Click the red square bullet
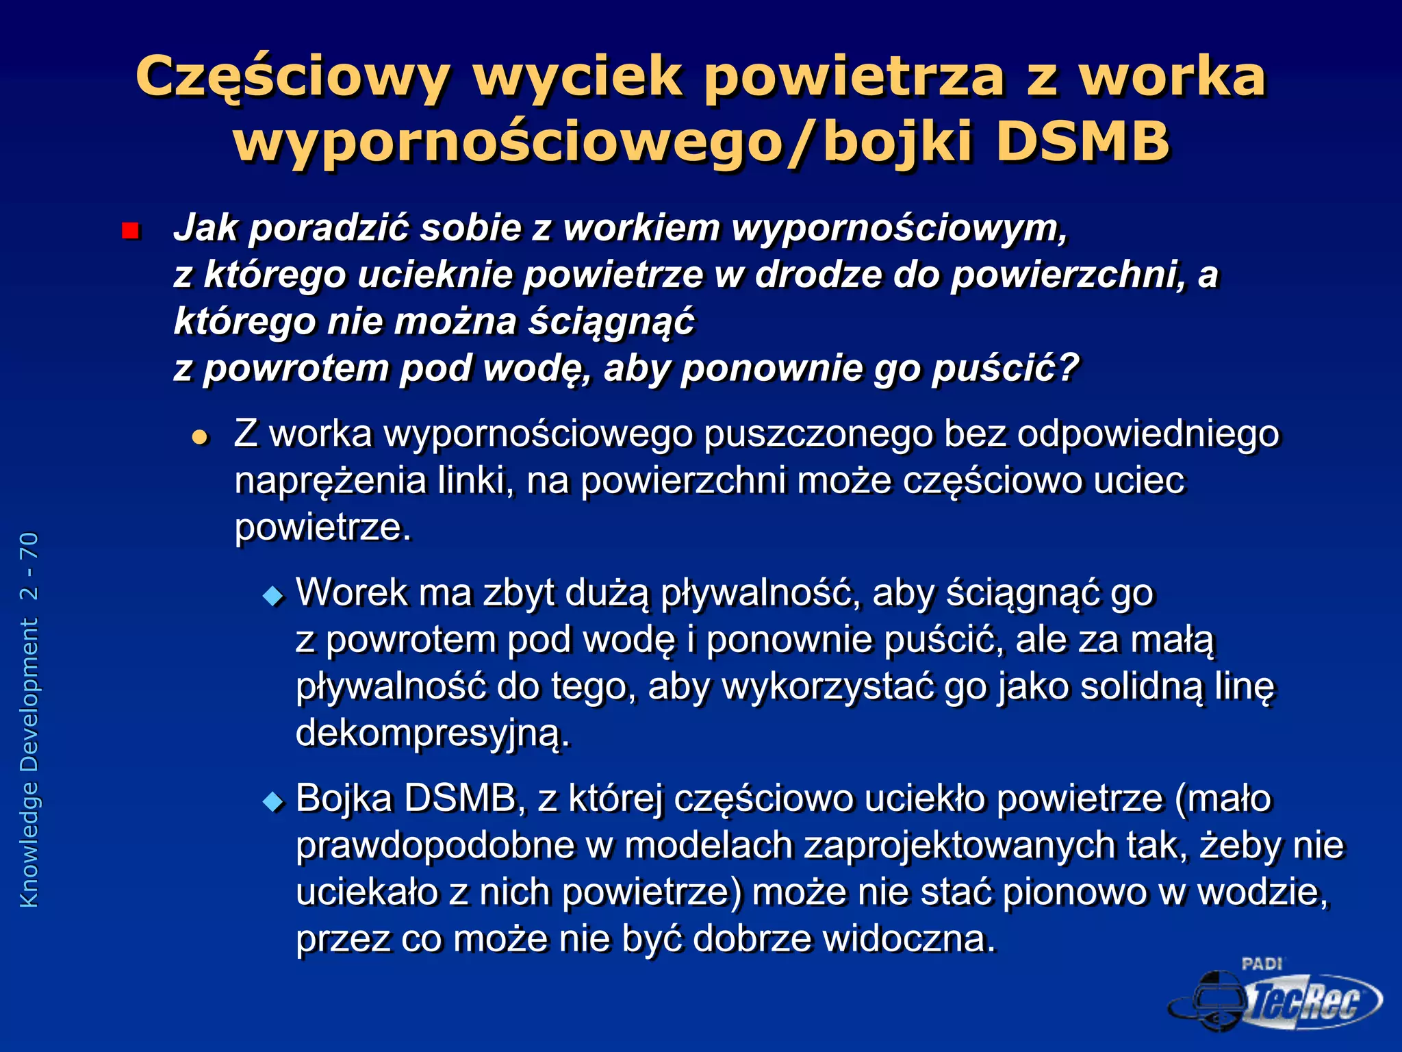[129, 231]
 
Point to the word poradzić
[329, 228]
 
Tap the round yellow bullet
[200, 436]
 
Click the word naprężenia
[331, 481]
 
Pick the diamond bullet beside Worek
[273, 596]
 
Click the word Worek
[351, 593]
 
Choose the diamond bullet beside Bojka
[273, 801]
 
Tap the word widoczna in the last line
[908, 939]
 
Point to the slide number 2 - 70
[29, 566]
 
